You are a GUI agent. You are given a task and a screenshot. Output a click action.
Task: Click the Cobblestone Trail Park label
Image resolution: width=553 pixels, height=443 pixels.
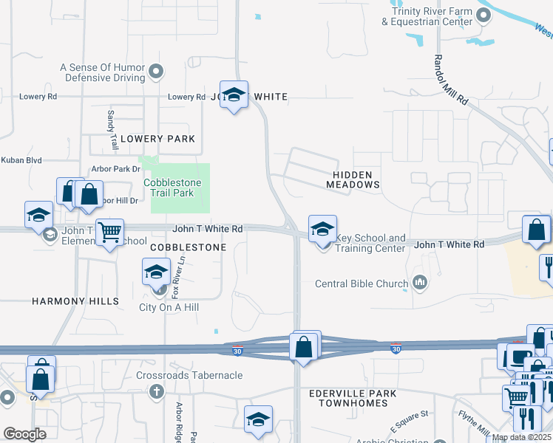coord(169,188)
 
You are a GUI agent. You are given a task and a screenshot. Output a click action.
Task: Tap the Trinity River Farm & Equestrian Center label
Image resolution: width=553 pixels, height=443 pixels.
coord(427,16)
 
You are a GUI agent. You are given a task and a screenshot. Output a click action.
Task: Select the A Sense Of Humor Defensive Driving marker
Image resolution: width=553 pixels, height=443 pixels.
coord(156,72)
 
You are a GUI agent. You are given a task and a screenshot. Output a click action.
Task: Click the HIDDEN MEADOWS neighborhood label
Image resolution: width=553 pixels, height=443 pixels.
coord(356,179)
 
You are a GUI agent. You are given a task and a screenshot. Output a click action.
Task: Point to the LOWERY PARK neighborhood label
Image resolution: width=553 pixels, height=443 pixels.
coord(157,139)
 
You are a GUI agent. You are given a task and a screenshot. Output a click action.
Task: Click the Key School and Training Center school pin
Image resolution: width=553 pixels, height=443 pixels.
coord(322,229)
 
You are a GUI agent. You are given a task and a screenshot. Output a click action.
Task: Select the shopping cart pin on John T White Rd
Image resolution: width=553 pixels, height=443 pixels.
coord(109,233)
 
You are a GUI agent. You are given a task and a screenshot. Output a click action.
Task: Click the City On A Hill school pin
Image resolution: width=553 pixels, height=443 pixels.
coord(156,273)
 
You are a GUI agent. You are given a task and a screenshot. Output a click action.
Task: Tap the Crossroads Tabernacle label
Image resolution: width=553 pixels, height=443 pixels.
coord(189,375)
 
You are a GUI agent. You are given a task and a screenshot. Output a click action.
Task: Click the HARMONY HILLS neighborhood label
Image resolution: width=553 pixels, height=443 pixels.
coord(75,301)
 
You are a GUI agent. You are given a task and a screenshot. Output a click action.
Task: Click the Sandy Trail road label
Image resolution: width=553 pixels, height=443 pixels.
coord(113,130)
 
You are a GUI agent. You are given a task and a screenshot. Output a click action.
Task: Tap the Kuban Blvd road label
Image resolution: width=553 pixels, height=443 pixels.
coord(21,159)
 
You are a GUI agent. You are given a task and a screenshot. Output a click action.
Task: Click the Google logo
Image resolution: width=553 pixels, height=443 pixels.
coord(24,434)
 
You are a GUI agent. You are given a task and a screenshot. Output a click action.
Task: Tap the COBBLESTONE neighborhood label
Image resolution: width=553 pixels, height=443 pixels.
coord(189,247)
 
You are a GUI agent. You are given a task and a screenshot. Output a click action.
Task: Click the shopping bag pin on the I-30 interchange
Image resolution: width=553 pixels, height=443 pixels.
coord(303,346)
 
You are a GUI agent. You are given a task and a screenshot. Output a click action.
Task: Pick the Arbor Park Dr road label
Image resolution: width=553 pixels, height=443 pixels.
coord(115,169)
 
